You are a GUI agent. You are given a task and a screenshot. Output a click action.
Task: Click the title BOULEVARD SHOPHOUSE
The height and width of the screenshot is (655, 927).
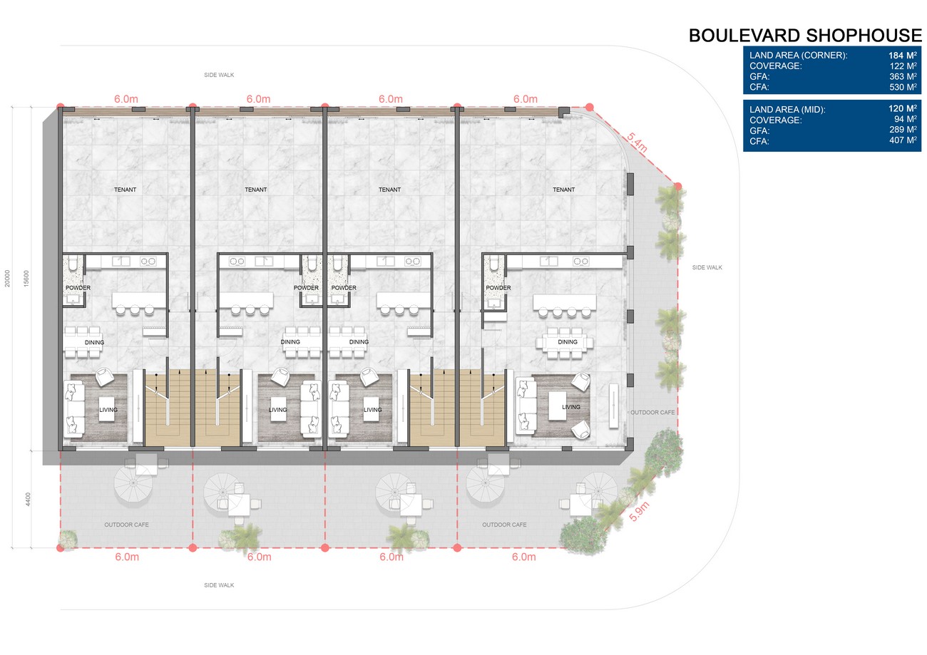click(x=805, y=36)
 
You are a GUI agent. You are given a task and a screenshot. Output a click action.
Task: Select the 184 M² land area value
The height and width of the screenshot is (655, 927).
click(x=903, y=56)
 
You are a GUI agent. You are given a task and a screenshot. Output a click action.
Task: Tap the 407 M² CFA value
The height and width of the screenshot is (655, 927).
click(x=903, y=140)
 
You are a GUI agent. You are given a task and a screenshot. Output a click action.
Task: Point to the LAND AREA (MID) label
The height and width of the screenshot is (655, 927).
click(x=787, y=110)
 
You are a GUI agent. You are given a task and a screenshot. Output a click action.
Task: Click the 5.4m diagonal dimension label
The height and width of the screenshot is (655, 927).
click(x=637, y=143)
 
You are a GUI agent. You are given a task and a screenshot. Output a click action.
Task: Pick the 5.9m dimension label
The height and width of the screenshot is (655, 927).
click(x=639, y=512)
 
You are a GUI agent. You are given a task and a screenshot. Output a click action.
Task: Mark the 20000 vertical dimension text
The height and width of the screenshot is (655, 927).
click(x=7, y=278)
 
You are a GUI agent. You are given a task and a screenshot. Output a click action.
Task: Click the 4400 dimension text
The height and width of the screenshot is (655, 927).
click(x=28, y=499)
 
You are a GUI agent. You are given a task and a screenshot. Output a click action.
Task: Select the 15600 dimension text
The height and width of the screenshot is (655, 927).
click(x=26, y=278)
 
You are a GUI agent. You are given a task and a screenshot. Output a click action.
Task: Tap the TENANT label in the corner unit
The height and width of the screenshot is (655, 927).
click(x=563, y=190)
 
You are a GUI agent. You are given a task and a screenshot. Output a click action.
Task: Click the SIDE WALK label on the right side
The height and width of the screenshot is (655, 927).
click(x=707, y=267)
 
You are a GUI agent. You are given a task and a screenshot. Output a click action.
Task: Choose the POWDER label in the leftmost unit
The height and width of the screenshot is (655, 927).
click(x=78, y=288)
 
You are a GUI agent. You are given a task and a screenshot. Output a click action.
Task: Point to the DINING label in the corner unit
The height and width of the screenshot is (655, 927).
click(x=568, y=342)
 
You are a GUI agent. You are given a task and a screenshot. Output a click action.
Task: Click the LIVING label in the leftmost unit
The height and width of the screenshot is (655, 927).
click(x=108, y=410)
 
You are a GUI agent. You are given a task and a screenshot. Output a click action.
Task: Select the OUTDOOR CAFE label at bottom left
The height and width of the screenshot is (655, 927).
click(x=126, y=525)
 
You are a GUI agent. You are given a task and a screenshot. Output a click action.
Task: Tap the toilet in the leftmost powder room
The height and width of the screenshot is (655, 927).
click(x=73, y=264)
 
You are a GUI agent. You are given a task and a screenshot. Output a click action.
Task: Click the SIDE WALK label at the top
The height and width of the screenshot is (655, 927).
click(x=219, y=75)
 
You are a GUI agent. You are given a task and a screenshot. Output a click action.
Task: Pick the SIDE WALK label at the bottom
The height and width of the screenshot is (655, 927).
click(x=219, y=585)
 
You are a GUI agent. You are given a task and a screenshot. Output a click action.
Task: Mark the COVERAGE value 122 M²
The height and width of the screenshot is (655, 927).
click(x=903, y=66)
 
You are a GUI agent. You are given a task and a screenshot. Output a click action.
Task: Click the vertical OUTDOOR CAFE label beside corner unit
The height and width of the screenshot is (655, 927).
click(x=652, y=412)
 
